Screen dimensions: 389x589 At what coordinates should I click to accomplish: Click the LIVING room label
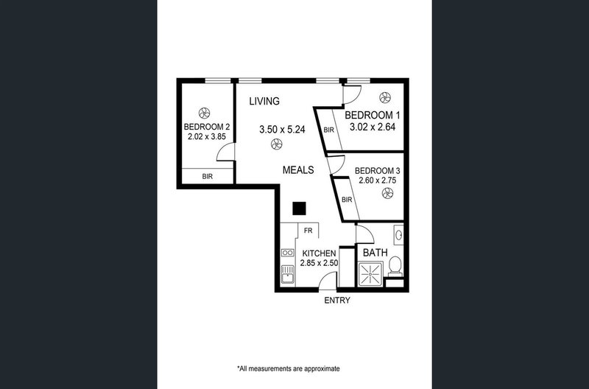click(x=264, y=101)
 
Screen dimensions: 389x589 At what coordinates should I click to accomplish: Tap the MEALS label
click(x=299, y=170)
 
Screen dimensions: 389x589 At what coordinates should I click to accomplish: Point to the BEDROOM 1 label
click(x=372, y=116)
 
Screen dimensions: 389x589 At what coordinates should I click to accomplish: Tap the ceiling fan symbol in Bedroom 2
click(x=205, y=113)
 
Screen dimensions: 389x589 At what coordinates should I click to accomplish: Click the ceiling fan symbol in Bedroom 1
click(x=385, y=97)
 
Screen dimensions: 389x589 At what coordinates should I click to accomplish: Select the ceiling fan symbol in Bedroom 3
click(x=387, y=194)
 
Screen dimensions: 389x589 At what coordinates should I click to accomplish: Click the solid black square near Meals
click(x=298, y=208)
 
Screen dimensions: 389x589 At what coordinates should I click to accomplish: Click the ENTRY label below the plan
click(x=337, y=301)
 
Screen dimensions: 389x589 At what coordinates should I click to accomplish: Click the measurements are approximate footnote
click(x=288, y=368)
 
